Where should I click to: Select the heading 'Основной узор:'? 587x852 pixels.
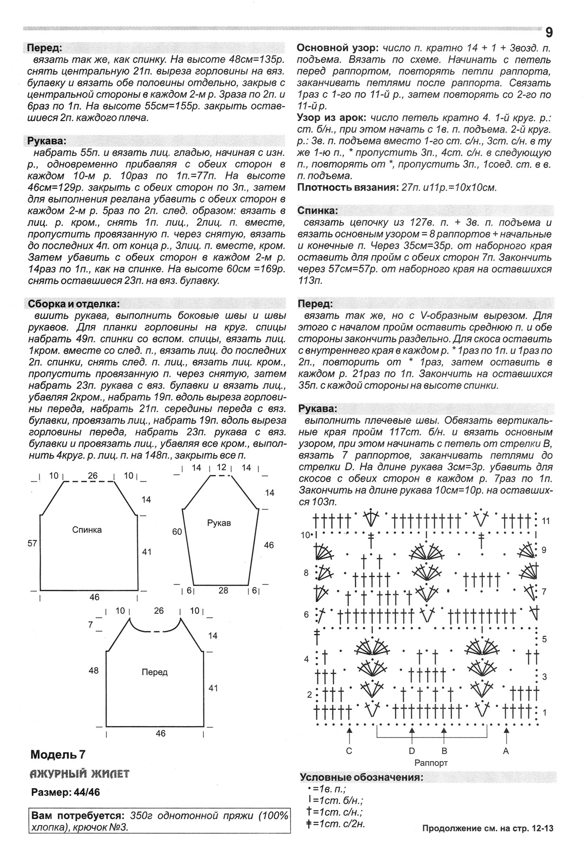pos(337,48)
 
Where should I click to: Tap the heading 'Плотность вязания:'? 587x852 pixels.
pos(347,187)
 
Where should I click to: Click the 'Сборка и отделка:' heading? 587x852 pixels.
pos(73,304)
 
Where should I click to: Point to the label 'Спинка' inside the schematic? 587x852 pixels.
pos(87,530)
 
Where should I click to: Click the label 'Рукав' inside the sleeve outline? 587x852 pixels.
pos(219,523)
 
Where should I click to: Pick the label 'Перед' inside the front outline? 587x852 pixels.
pos(154,672)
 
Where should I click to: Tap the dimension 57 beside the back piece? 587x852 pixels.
pos(32,543)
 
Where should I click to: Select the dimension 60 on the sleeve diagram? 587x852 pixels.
pos(177,532)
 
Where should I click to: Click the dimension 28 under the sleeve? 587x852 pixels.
pos(223,590)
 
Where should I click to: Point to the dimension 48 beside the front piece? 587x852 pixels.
pos(93,670)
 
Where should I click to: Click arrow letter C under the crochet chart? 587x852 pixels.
pos(349,751)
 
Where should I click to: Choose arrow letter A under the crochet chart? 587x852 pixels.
pos(506,751)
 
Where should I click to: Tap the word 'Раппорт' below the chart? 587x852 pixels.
pos(430,763)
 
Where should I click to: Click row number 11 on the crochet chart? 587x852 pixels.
pos(546,521)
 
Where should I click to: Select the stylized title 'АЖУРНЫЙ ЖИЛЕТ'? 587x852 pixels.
pos(79,774)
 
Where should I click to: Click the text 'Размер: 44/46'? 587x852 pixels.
pos(65,793)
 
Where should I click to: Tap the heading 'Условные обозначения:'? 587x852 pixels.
pos(361,778)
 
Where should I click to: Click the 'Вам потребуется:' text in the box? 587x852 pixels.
pos(78,816)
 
